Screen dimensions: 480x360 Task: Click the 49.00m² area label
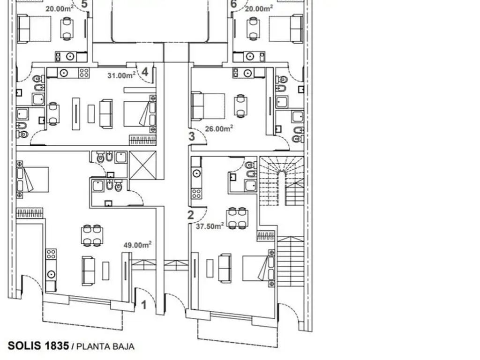coord(137,245)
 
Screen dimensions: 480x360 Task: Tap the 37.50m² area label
coord(210,226)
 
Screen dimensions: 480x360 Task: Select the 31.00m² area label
coord(121,75)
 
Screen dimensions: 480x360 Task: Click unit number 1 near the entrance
coord(144,305)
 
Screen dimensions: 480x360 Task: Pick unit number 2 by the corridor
coord(190,215)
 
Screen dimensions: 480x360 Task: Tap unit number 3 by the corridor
coord(192,136)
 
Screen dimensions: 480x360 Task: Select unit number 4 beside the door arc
coord(145,72)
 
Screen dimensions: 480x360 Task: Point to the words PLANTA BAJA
coord(105,346)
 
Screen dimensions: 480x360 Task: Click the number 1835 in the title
coord(57,345)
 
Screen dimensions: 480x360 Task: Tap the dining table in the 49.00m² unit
coord(92,235)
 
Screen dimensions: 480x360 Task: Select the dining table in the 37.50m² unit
coord(237,218)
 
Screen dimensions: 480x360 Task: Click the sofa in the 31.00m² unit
coord(106,113)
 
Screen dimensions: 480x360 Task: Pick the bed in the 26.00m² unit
coord(208,106)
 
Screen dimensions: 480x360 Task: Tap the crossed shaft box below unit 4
coord(142,165)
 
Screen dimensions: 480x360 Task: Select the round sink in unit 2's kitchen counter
coord(196,173)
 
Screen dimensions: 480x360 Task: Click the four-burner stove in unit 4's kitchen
coord(84,73)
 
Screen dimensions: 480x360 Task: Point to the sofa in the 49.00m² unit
coord(89,271)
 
